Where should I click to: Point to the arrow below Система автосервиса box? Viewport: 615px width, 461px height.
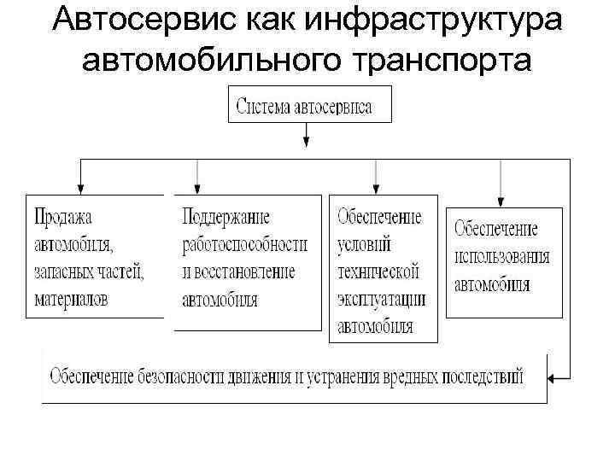tap(305, 137)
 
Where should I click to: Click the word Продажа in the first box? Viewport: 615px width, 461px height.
tap(63, 218)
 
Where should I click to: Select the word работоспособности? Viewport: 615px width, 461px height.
tap(244, 245)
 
